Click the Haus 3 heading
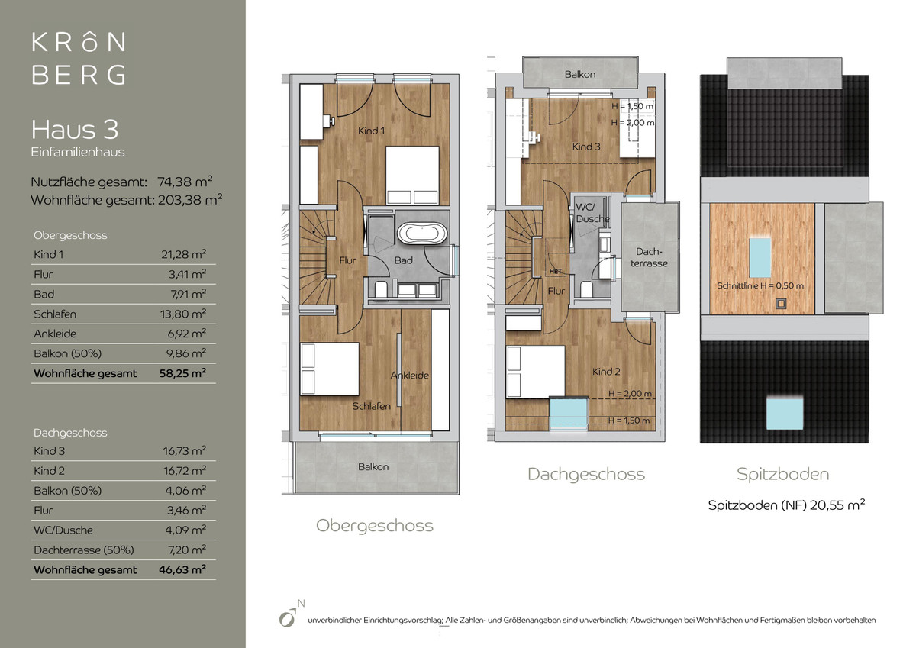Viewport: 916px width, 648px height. click(x=75, y=130)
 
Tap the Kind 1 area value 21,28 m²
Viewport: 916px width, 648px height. click(x=184, y=254)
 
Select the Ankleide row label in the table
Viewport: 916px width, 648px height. click(x=55, y=334)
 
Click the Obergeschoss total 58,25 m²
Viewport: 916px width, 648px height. click(x=182, y=373)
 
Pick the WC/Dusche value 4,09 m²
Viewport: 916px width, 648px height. click(x=185, y=530)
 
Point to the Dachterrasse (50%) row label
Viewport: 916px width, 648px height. click(x=84, y=550)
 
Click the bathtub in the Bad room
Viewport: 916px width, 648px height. click(x=422, y=233)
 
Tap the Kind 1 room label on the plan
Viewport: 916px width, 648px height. click(x=371, y=131)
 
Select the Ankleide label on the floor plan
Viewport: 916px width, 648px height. click(x=410, y=376)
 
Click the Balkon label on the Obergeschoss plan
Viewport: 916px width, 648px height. click(x=373, y=467)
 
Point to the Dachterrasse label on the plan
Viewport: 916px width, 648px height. click(x=649, y=257)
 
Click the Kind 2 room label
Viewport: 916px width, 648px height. click(x=606, y=372)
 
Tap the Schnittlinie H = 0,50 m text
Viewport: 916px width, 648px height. click(x=760, y=285)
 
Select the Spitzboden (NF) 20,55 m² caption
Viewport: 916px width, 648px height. click(x=786, y=505)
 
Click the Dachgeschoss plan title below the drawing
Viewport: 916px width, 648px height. click(x=586, y=474)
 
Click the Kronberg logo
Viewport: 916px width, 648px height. click(x=79, y=59)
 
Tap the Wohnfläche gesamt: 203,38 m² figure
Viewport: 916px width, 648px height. click(x=127, y=200)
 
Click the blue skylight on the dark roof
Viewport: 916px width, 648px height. click(x=785, y=414)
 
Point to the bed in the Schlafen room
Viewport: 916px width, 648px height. click(x=330, y=369)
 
